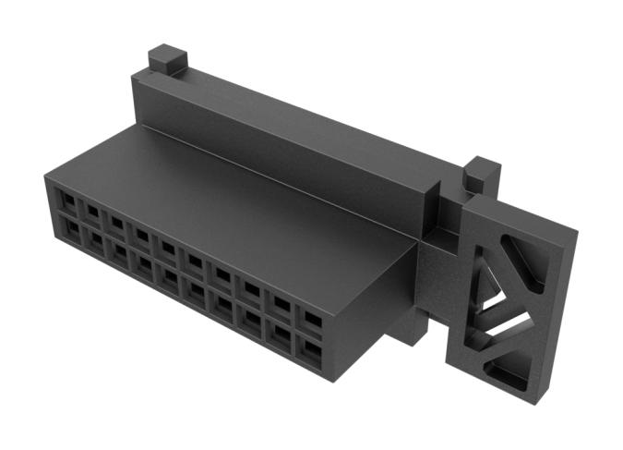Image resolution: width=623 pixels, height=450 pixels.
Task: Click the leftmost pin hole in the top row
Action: click(67, 200)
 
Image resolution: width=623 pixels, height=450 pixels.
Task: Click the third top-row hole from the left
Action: click(116, 224)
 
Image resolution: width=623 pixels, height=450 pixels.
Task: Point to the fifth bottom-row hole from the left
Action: click(170, 277)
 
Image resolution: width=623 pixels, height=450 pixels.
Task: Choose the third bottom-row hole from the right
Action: click(250, 319)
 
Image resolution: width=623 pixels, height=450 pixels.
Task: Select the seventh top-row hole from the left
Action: click(222, 275)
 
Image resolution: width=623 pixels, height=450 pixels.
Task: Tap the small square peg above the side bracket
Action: click(481, 174)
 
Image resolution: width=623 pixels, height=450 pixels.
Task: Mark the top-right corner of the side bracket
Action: click(575, 231)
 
